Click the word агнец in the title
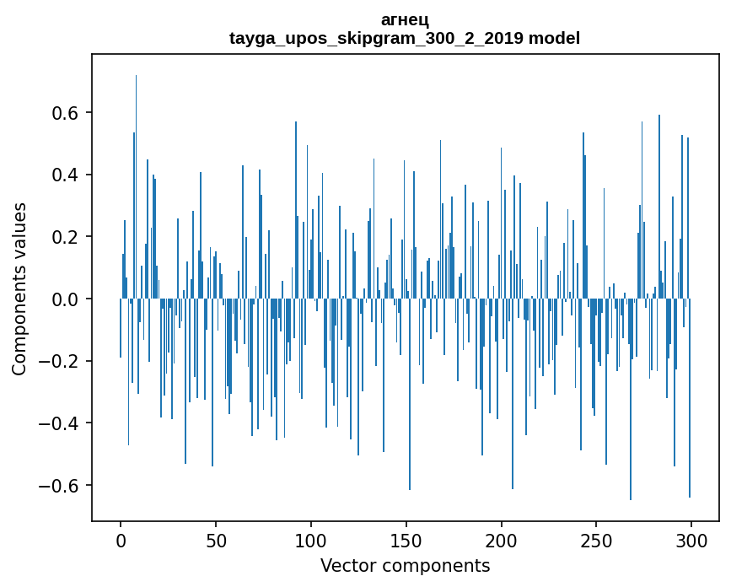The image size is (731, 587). tap(405, 21)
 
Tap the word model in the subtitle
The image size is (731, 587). tap(554, 39)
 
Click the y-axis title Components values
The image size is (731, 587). tap(19, 288)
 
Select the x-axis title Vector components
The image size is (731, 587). tap(405, 566)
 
